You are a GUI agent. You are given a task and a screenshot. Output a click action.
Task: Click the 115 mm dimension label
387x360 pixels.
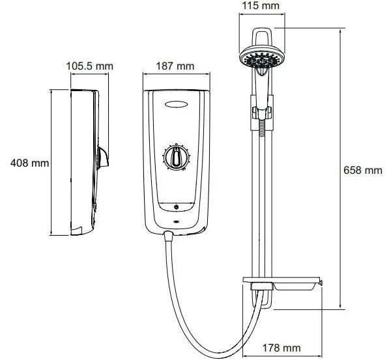(x=261, y=5)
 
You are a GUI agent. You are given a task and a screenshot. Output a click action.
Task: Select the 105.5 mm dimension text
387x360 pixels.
(x=90, y=66)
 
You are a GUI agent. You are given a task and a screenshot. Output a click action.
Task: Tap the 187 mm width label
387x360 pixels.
(x=175, y=66)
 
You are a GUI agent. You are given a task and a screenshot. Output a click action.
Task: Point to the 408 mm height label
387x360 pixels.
(x=29, y=163)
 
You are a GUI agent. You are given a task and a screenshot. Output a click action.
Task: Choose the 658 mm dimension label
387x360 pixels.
(x=363, y=170)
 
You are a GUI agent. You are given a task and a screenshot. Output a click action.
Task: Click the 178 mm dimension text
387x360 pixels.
(x=281, y=348)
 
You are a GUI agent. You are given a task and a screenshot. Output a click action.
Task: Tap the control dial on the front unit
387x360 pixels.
(x=176, y=157)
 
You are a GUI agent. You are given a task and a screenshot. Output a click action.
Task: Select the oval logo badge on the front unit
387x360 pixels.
(x=176, y=105)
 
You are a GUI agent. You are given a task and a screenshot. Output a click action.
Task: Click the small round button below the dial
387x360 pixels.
(x=176, y=207)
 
